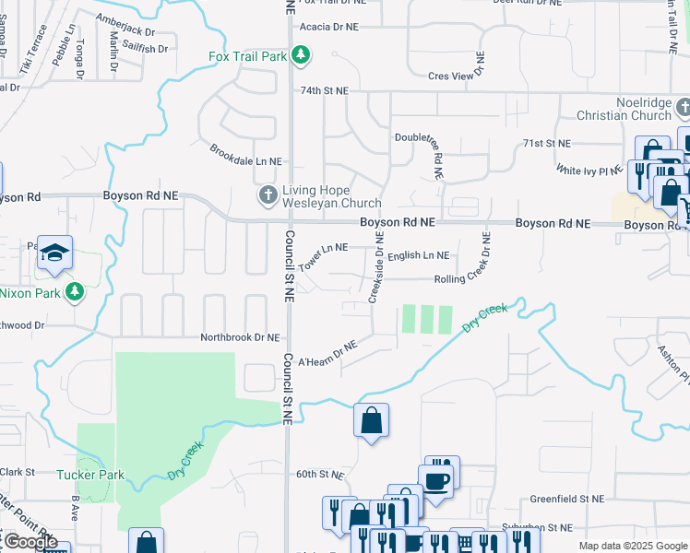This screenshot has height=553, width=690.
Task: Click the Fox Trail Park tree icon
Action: pos(300,56)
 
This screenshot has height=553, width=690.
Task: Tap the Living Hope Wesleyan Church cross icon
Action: pos(268,195)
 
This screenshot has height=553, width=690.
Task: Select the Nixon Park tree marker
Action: pos(75,293)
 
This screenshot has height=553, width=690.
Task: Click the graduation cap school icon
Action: pos(54,254)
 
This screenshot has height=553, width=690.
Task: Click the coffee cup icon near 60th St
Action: pos(435,480)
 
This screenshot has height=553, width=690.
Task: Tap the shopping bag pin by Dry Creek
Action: pos(371,420)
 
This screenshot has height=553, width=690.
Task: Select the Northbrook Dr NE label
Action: pos(240,338)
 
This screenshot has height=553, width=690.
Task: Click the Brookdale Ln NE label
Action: pos(245,155)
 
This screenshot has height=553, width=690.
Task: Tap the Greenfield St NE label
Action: pos(566,499)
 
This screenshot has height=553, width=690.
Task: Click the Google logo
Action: pos(30,541)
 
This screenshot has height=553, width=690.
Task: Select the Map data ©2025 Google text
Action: pos(632,546)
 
